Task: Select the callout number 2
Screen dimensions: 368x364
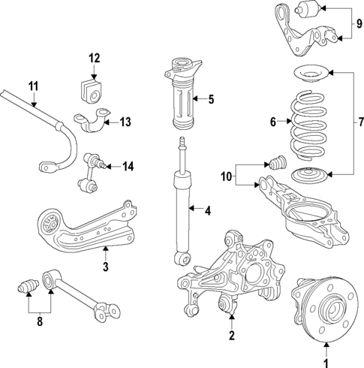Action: pyautogui.click(x=233, y=334)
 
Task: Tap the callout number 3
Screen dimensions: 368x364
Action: pyautogui.click(x=106, y=266)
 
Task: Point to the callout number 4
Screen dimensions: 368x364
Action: pyautogui.click(x=208, y=210)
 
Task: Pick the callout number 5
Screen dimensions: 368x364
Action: pyautogui.click(x=211, y=98)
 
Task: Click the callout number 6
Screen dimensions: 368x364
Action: pyautogui.click(x=273, y=120)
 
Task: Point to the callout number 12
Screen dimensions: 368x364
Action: pyautogui.click(x=94, y=58)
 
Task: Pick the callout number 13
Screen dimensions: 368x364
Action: pyautogui.click(x=125, y=121)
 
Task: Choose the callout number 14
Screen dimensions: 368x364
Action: pyautogui.click(x=128, y=166)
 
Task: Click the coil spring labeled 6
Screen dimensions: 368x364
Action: pyautogui.click(x=309, y=124)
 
